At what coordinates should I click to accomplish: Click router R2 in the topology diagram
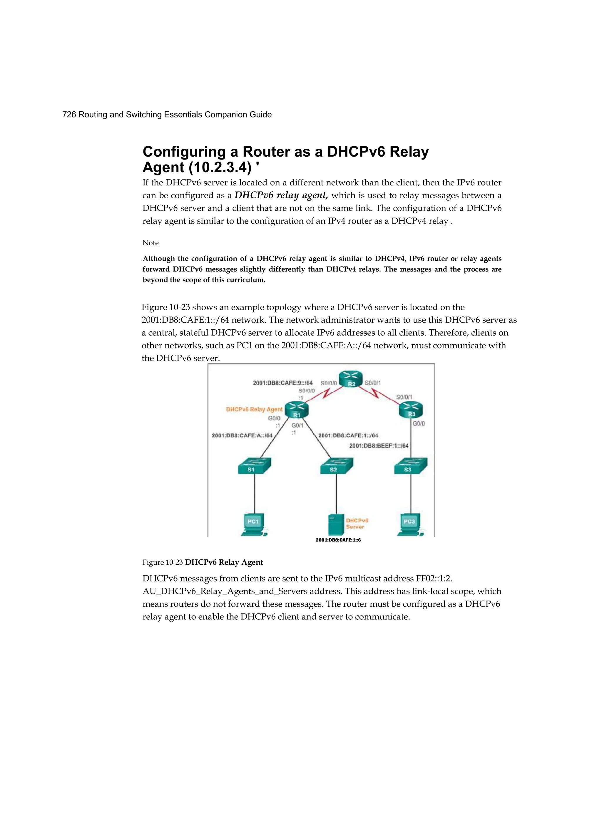click(x=351, y=379)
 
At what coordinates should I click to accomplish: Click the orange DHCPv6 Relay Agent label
click(x=254, y=409)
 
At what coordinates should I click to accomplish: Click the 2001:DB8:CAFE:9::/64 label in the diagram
click(x=283, y=383)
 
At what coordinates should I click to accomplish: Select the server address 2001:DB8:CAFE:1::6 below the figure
click(x=338, y=540)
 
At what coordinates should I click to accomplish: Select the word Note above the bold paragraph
click(x=150, y=243)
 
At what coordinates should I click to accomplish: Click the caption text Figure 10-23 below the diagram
click(x=163, y=562)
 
